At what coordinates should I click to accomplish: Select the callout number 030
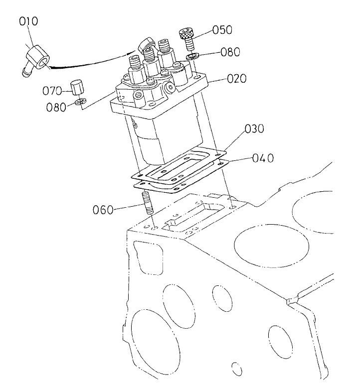click(x=254, y=130)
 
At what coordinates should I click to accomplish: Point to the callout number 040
click(x=262, y=158)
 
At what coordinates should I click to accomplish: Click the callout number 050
click(x=222, y=30)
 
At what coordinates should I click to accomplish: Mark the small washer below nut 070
click(x=78, y=103)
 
